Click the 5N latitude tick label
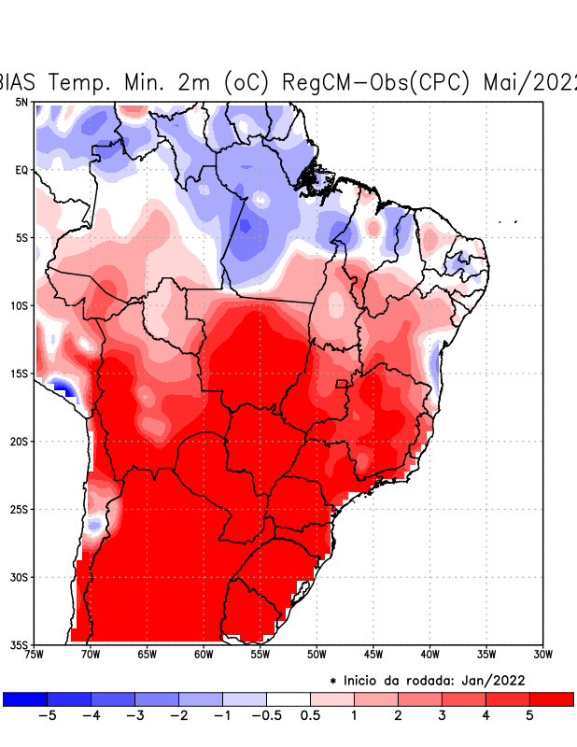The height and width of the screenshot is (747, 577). point(21,102)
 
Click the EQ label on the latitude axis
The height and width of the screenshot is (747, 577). point(21,170)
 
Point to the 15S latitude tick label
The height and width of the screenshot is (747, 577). point(20,373)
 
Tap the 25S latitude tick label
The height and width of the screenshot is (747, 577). point(20,509)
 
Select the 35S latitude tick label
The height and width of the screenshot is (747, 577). point(20,644)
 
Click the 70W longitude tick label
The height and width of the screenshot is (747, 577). point(90,655)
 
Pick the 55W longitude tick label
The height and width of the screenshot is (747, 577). point(260,655)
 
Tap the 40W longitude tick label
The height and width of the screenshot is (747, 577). point(429,655)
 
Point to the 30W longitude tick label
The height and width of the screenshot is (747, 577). point(542,655)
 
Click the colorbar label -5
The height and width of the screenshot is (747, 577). point(47,715)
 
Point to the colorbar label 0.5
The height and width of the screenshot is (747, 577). point(310,715)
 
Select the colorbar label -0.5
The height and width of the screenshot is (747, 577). point(266,715)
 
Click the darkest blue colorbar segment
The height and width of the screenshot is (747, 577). point(25,698)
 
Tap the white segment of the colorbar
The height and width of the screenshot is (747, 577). point(288,698)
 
